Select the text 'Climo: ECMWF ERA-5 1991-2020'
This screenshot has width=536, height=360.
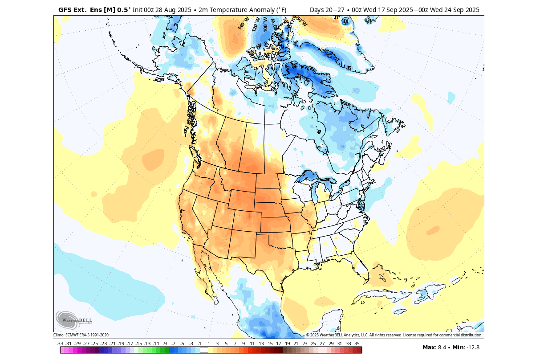click(81, 335)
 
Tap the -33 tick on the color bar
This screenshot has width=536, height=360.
click(60, 344)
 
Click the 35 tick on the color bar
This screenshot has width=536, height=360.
click(357, 344)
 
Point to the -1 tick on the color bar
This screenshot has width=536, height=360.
click(199, 344)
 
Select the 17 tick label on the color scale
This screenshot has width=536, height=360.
click(278, 344)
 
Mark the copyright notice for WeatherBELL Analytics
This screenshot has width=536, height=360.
click(394, 335)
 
